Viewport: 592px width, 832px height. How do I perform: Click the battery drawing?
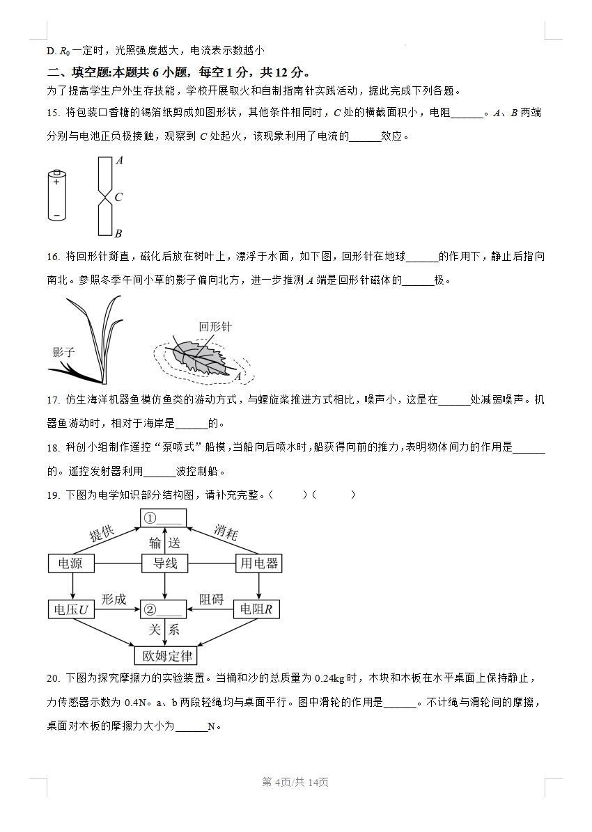tap(56, 195)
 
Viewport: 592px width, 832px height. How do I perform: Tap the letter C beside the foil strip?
tap(118, 198)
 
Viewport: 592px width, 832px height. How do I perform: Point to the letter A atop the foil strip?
tap(119, 160)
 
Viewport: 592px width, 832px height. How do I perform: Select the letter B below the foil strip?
tap(118, 234)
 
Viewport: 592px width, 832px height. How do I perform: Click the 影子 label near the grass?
tap(63, 352)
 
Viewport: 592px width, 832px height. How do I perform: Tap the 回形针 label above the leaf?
tap(215, 327)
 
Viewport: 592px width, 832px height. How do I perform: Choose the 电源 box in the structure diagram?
tap(70, 563)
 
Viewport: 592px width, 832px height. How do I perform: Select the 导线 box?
tap(165, 563)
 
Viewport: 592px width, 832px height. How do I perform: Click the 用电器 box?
tap(259, 563)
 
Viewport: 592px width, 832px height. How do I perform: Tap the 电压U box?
tap(71, 609)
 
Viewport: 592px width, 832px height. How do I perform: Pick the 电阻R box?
tap(259, 609)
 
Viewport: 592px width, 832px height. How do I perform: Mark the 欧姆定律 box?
tap(166, 655)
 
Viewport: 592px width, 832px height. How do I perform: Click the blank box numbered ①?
tap(165, 518)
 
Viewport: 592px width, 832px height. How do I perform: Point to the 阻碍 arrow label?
tap(212, 599)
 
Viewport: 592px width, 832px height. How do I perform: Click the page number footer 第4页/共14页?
tap(295, 783)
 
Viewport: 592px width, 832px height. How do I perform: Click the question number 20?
tap(53, 678)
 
